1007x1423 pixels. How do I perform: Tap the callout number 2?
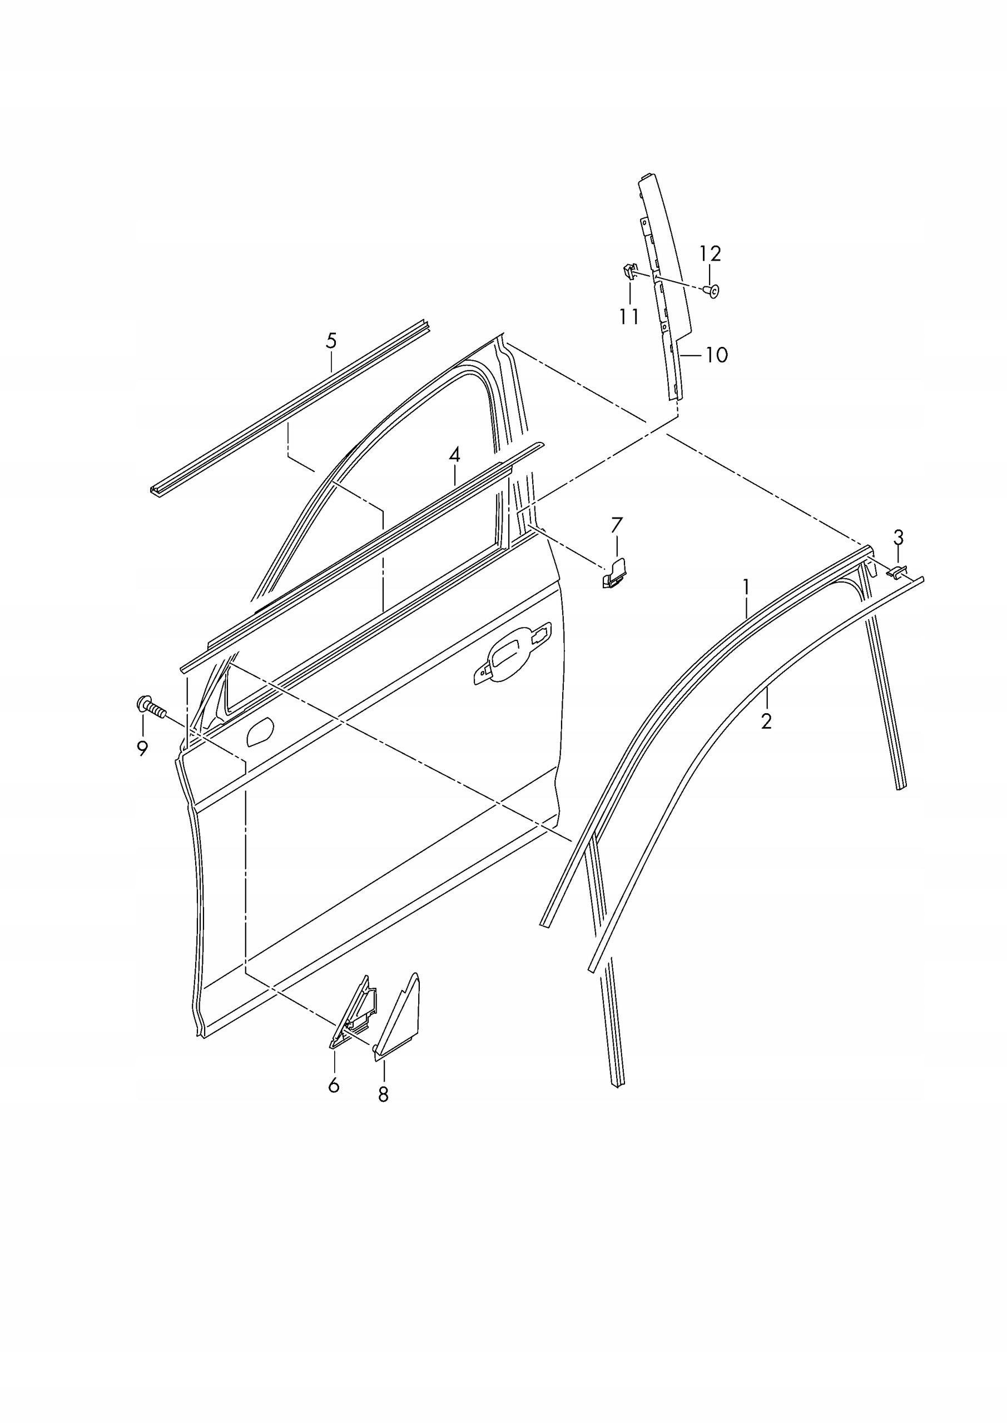coord(766,721)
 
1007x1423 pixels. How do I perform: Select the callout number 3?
coord(898,537)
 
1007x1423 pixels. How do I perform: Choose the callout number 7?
coord(616,526)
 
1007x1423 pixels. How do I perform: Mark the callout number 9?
coord(142,749)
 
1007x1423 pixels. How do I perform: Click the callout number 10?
coord(716,355)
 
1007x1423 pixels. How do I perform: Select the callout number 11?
coord(629,317)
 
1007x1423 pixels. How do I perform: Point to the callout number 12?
coord(711,253)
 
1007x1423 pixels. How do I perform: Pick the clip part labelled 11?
coord(628,270)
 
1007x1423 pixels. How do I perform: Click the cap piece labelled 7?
coord(614,573)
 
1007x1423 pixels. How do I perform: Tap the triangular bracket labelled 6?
coord(354,1017)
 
